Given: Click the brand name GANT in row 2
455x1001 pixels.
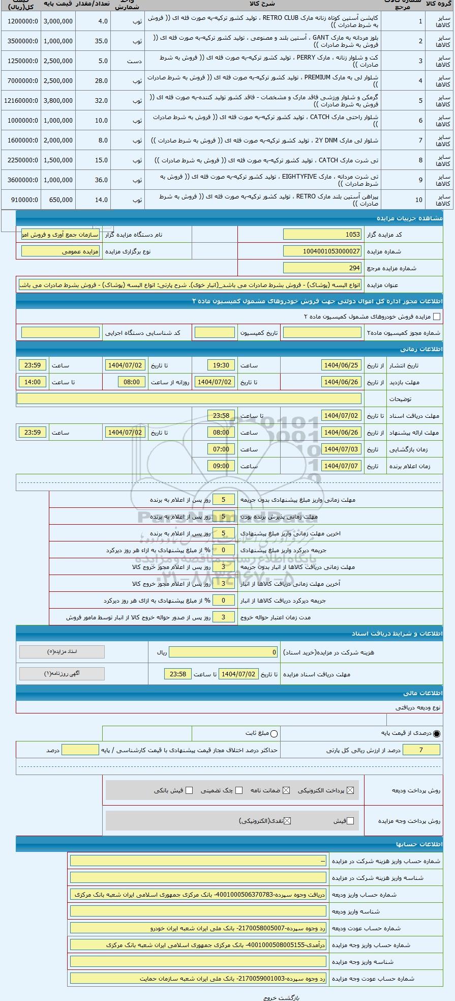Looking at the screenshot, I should [320, 38].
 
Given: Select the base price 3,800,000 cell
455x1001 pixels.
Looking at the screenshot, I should [58, 101].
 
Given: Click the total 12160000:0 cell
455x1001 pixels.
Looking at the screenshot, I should [21, 101].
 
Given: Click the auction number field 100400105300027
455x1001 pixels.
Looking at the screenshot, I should [322, 251].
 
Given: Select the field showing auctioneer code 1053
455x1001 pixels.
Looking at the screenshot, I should [322, 235].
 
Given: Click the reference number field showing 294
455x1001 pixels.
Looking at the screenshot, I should [322, 268].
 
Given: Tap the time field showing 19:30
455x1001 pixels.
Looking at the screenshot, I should [221, 365].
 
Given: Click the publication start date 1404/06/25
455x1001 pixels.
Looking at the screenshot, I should [341, 365].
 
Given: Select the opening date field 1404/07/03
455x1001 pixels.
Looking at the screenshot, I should [341, 449].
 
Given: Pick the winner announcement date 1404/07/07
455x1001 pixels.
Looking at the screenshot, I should [341, 466].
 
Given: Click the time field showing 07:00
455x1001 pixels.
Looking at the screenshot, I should [221, 449].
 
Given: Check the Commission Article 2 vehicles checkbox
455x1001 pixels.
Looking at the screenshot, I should [436, 317].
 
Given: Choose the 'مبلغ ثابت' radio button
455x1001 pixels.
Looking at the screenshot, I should [274, 733].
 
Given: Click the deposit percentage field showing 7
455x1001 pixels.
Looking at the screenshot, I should [421, 750].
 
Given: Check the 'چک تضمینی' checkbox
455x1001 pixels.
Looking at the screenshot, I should [239, 790].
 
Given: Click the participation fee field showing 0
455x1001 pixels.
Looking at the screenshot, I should [224, 652].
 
